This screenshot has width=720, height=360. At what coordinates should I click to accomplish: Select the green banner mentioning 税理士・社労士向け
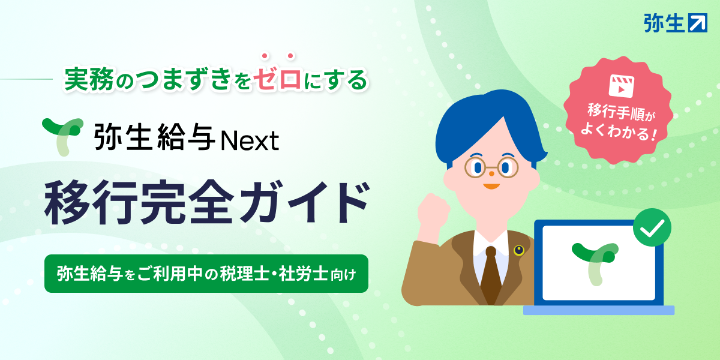206,274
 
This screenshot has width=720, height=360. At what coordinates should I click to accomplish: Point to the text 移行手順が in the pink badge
617,112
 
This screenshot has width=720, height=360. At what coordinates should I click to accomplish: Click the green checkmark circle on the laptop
652,228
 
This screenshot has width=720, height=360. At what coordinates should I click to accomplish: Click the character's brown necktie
491,276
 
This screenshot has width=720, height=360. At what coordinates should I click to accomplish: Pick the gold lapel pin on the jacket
518,249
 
